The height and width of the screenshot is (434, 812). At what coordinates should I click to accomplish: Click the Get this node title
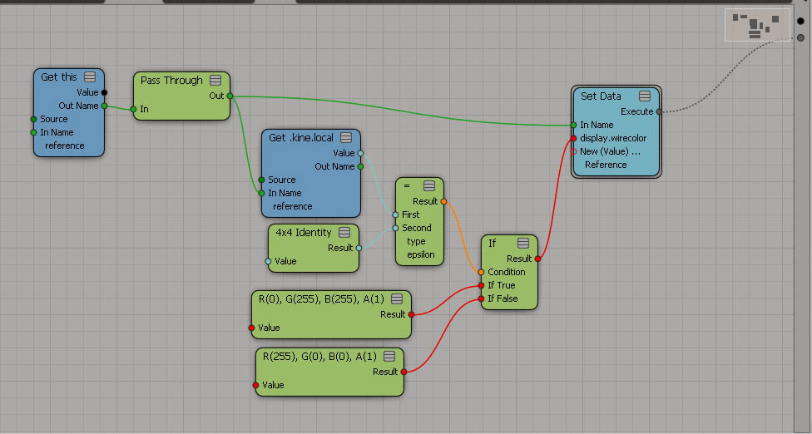point(59,77)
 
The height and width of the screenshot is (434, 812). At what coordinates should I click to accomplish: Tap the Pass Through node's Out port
point(230,96)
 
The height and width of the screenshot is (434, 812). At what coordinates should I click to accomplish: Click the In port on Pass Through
point(133,109)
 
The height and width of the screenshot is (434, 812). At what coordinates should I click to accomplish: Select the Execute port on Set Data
point(659,111)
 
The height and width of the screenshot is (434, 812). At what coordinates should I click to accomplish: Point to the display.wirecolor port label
point(613,138)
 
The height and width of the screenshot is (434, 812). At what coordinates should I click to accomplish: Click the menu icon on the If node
point(523,244)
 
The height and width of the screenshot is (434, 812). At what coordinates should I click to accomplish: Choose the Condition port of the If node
point(481,272)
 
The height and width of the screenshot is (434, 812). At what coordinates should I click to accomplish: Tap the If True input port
point(481,285)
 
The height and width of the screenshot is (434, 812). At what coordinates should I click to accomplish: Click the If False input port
point(481,298)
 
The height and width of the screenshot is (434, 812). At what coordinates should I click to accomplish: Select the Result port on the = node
point(443,201)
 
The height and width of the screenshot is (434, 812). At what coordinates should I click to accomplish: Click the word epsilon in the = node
point(420,254)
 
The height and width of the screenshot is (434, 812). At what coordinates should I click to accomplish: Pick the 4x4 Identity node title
point(303,233)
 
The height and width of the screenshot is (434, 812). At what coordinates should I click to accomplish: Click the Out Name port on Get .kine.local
point(360,166)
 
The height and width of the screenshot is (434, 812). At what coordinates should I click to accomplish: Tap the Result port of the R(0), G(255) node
point(412,314)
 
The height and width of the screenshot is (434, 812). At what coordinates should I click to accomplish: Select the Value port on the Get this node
point(104,92)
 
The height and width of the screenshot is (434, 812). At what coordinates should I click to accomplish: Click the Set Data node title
point(601,96)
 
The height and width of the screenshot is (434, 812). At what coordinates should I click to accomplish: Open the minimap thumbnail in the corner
point(758,25)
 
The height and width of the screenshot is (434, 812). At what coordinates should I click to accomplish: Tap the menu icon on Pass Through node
point(215,81)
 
